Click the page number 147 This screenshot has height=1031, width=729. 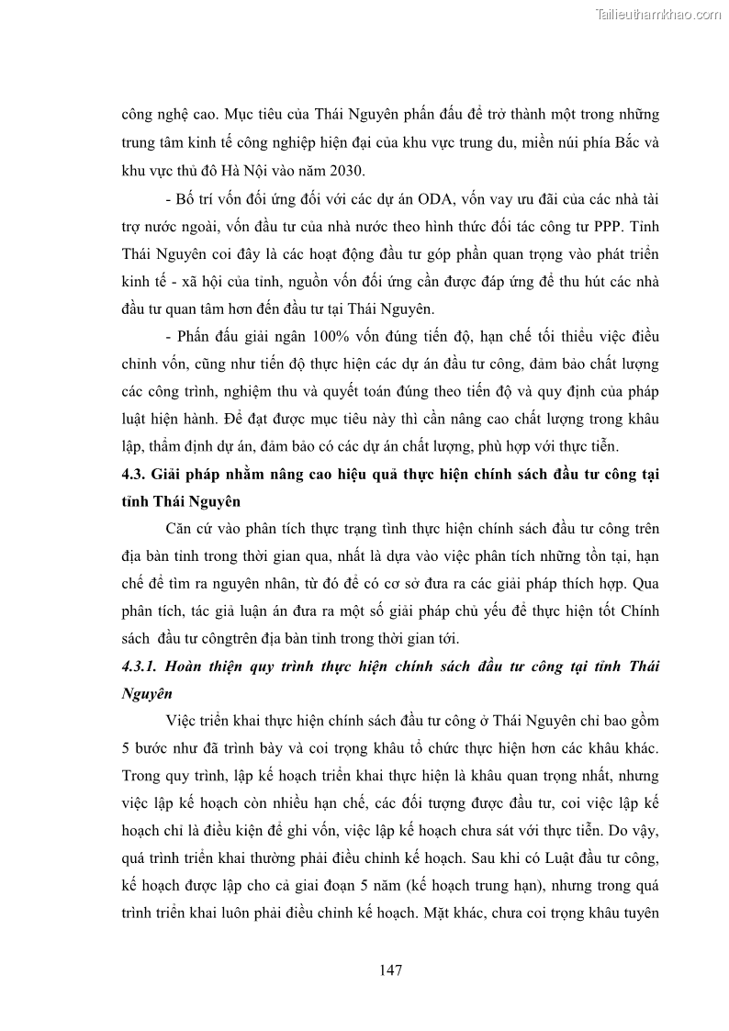click(x=390, y=969)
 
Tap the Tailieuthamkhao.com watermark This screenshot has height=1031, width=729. click(x=658, y=14)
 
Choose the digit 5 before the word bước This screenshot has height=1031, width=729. click(x=126, y=746)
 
